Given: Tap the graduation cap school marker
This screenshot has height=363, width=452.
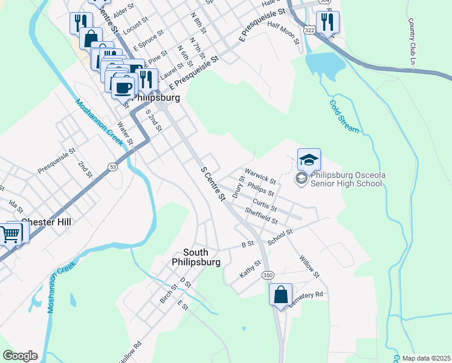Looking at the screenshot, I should coord(309,160).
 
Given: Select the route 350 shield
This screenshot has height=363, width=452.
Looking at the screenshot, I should coord(268,275).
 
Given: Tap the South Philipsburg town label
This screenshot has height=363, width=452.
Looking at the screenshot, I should coord(196,257).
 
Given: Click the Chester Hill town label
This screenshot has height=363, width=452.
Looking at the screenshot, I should coord(46,222).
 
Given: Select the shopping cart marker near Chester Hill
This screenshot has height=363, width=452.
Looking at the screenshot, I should coord(10,234).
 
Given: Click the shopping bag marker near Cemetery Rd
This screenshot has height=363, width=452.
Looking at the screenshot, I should coord(280,295).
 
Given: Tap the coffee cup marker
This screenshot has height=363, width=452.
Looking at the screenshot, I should coord(123,87).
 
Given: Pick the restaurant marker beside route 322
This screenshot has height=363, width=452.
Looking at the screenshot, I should coord(328,22).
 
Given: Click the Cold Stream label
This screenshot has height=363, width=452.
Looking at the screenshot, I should coord(344,116).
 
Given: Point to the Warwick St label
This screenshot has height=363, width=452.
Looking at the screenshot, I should coord(260,176).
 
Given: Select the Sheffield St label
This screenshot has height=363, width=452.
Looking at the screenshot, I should coord(261,215).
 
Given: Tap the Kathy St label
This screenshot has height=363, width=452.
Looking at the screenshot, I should coord(250,269).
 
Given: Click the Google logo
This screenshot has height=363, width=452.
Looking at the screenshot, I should coord(20,356).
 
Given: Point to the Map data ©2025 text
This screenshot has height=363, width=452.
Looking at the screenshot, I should coord(426,358).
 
